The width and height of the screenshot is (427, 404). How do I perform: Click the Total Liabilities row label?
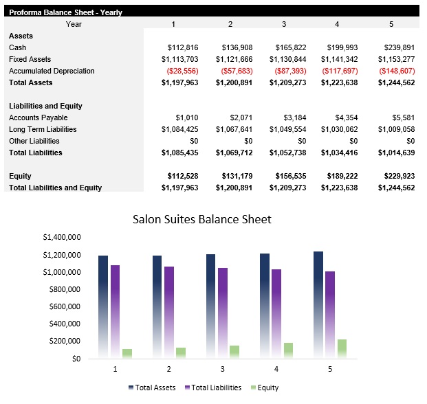click(36, 153)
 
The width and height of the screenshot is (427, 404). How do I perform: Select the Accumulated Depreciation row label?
click(52, 71)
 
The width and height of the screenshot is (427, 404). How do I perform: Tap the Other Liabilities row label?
click(34, 141)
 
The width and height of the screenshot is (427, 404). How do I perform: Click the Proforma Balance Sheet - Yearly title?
click(65, 12)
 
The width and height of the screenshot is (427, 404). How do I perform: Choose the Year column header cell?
click(74, 24)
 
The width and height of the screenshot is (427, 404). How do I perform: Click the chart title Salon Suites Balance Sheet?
click(201, 220)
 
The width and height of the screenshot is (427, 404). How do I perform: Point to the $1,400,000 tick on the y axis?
click(62, 238)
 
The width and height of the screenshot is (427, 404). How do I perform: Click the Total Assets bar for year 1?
click(103, 306)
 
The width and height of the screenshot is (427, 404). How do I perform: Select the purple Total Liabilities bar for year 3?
click(223, 313)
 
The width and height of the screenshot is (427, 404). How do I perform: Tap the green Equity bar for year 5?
click(342, 348)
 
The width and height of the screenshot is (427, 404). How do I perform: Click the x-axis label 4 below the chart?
click(276, 369)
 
